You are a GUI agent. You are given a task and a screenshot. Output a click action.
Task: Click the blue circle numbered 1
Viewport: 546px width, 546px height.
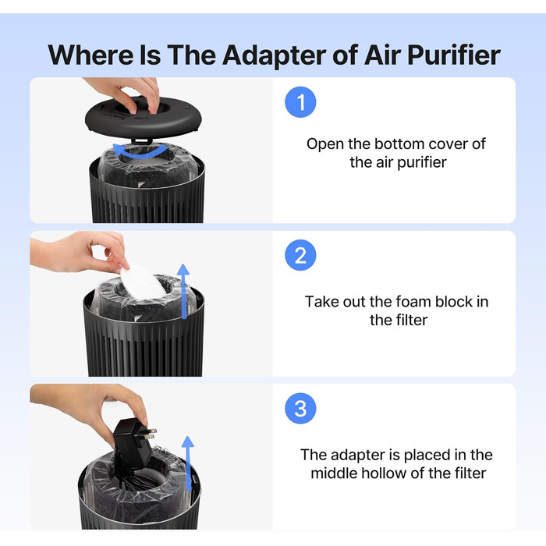(x=300, y=102)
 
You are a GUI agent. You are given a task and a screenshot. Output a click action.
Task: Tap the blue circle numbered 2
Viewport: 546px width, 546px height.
(x=300, y=255)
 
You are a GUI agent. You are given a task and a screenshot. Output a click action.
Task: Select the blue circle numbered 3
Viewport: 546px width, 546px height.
(x=300, y=409)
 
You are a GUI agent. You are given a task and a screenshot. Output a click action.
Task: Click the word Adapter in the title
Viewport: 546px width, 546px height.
(x=274, y=55)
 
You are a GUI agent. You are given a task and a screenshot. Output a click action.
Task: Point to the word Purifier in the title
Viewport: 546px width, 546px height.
(x=454, y=55)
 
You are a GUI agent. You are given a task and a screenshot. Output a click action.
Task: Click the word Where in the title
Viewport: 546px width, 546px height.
(x=90, y=55)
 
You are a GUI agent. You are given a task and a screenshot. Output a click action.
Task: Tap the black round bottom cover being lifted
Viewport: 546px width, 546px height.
(x=143, y=117)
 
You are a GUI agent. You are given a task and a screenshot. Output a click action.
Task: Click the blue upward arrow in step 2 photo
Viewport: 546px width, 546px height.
(x=183, y=291)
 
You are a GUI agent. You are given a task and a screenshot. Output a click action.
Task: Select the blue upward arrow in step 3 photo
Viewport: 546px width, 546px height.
(x=188, y=463)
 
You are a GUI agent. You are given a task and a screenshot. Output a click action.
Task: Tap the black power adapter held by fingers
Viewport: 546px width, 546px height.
(x=133, y=443)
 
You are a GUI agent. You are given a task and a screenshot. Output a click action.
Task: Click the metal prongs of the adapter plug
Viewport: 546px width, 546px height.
(x=151, y=434)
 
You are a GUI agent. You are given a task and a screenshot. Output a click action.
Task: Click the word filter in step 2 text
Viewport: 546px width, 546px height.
(x=413, y=320)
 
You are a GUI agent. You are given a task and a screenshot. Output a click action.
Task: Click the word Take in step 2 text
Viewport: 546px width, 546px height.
(x=322, y=302)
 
